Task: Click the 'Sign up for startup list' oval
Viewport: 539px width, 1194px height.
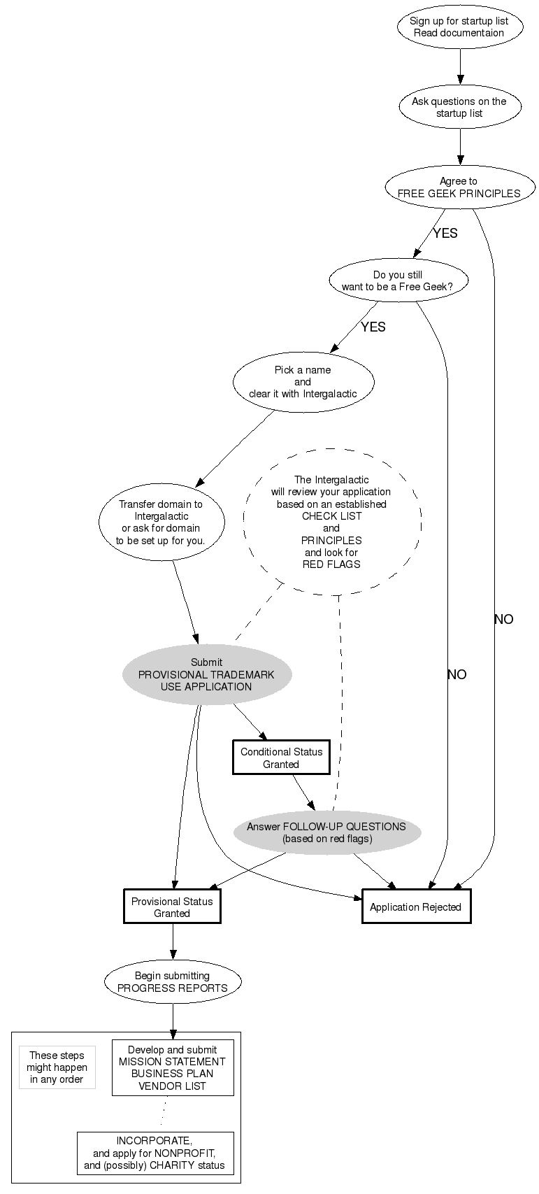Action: click(459, 27)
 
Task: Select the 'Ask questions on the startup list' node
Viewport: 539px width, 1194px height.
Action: click(459, 107)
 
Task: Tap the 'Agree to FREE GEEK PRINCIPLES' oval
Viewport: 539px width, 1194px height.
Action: click(459, 187)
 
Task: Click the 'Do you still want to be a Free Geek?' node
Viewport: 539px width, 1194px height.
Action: click(398, 280)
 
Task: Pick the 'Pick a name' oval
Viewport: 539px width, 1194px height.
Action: click(303, 382)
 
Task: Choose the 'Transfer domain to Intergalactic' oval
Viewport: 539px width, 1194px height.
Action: click(161, 522)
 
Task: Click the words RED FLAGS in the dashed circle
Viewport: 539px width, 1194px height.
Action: click(331, 564)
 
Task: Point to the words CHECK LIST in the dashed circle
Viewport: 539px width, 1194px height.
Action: click(331, 516)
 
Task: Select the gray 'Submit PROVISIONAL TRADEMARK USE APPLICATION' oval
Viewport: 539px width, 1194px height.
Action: click(206, 674)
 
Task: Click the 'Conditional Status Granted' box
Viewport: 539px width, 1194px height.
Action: click(281, 758)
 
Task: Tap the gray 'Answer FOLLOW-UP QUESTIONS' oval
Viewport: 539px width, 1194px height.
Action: click(326, 832)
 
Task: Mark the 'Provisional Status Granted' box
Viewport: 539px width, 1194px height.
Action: click(172, 907)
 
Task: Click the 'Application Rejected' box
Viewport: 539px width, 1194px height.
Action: click(416, 907)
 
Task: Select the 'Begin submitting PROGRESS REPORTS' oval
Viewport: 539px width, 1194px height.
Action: click(172, 982)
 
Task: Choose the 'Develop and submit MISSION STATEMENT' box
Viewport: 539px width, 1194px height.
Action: click(172, 1068)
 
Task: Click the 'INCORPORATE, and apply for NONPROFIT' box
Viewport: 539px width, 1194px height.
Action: click(154, 1153)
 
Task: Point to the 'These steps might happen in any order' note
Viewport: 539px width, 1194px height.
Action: click(57, 1067)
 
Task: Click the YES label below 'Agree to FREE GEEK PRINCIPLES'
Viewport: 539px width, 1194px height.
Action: click(445, 234)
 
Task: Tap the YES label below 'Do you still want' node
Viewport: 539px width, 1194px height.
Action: click(373, 327)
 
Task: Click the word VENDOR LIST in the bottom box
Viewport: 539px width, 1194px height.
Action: click(172, 1086)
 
